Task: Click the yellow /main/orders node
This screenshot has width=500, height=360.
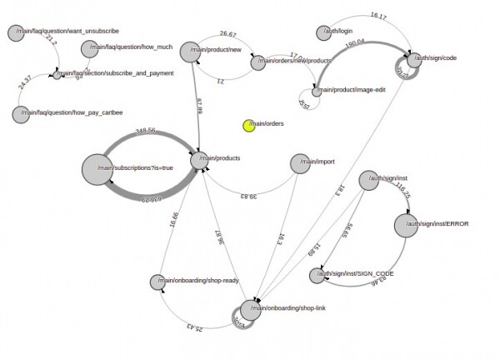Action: [248, 126]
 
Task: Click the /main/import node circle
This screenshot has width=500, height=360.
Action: [301, 162]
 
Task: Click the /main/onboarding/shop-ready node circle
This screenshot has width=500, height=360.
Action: [157, 282]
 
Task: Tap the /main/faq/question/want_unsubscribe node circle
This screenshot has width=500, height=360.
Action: [15, 32]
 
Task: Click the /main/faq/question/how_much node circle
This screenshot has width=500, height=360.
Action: [89, 49]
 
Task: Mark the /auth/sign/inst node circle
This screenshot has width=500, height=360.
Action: [367, 180]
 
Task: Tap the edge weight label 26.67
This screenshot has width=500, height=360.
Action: [228, 35]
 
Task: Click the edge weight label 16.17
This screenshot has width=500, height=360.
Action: [377, 16]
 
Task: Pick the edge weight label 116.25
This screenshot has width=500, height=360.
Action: [404, 192]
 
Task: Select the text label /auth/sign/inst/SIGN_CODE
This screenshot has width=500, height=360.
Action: [360, 273]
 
